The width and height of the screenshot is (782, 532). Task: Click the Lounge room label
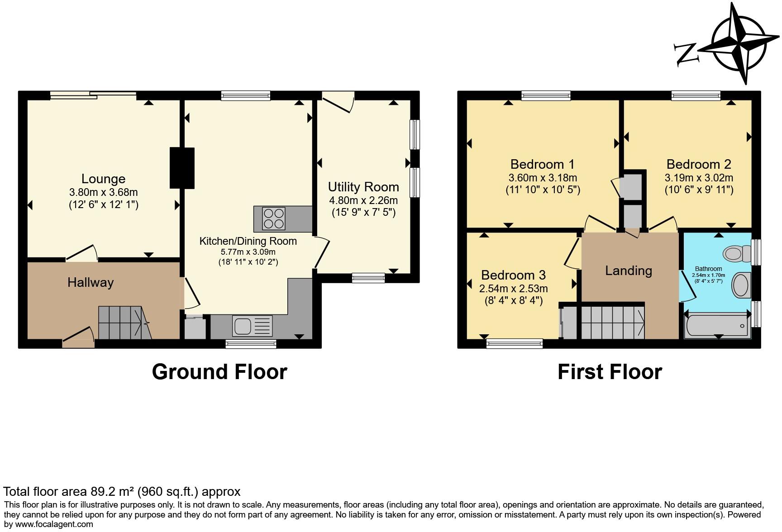103,179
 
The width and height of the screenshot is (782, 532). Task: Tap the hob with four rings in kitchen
273,218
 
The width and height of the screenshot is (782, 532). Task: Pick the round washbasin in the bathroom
741,285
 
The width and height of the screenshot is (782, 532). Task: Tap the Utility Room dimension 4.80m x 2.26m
363,200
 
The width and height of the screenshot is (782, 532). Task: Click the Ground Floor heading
219,372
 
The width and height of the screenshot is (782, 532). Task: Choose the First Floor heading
610,372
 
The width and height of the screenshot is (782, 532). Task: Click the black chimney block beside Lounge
182,168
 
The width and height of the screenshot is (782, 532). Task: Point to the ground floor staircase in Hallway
124,323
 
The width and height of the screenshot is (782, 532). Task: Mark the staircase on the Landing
612,323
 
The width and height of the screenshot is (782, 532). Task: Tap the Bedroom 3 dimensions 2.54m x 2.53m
513,289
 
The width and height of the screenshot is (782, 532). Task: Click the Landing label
629,271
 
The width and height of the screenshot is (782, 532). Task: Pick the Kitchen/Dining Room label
248,241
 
